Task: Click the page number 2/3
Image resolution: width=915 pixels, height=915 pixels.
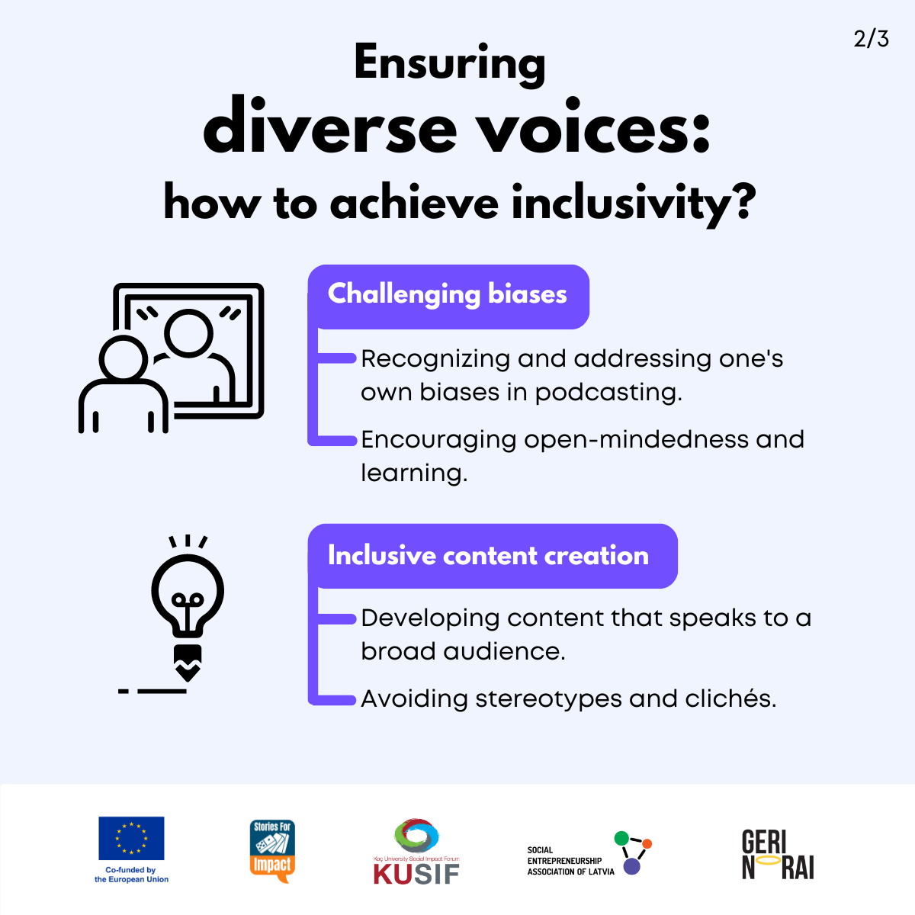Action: [871, 39]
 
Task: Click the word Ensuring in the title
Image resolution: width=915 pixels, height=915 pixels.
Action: [450, 65]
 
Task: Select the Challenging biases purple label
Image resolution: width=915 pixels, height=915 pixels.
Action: [448, 297]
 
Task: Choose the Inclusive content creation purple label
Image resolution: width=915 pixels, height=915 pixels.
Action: [493, 556]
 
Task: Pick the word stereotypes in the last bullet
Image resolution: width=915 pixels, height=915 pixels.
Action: [548, 699]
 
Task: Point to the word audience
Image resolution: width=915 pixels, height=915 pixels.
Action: [504, 651]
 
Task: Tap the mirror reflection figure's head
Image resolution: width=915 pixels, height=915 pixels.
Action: [188, 333]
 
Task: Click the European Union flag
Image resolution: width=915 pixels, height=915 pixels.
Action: [131, 838]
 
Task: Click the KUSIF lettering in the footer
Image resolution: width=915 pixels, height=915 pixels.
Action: [416, 874]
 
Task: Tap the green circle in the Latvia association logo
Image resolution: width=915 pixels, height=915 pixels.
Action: [621, 838]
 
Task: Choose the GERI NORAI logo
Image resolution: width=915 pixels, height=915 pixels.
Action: [778, 854]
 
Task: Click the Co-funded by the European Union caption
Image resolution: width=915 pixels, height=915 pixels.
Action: [131, 875]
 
